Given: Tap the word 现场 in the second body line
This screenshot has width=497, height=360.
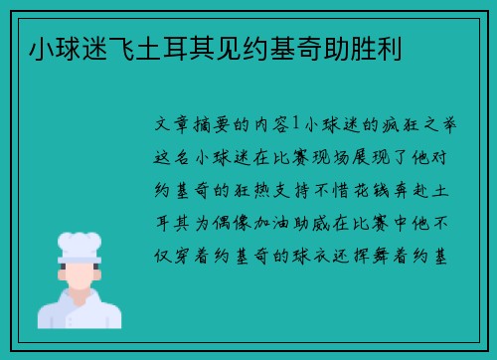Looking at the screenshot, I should [x=330, y=157].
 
